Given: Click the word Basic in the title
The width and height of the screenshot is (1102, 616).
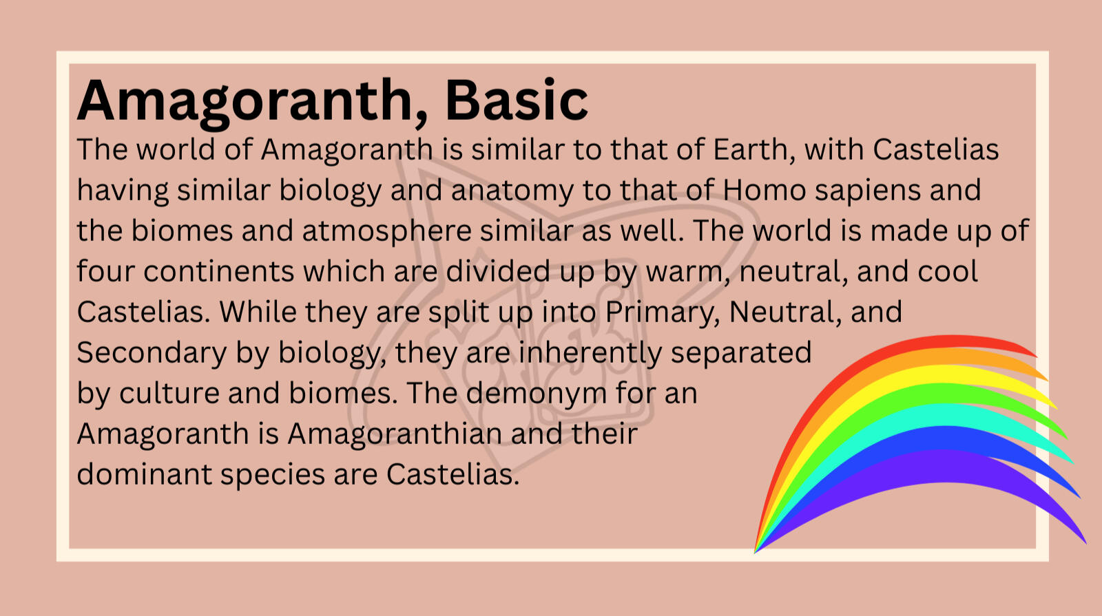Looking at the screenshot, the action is coord(517,100).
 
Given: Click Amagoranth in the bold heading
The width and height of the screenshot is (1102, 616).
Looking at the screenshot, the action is coord(245,103).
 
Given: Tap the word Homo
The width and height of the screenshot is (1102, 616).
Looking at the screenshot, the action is coord(764,190).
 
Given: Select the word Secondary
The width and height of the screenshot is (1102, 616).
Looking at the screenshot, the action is coord(152,352).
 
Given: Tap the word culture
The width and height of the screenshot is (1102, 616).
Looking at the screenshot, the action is coord(169,393).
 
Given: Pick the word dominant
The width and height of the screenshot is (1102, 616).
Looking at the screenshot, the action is coord(144,474).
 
